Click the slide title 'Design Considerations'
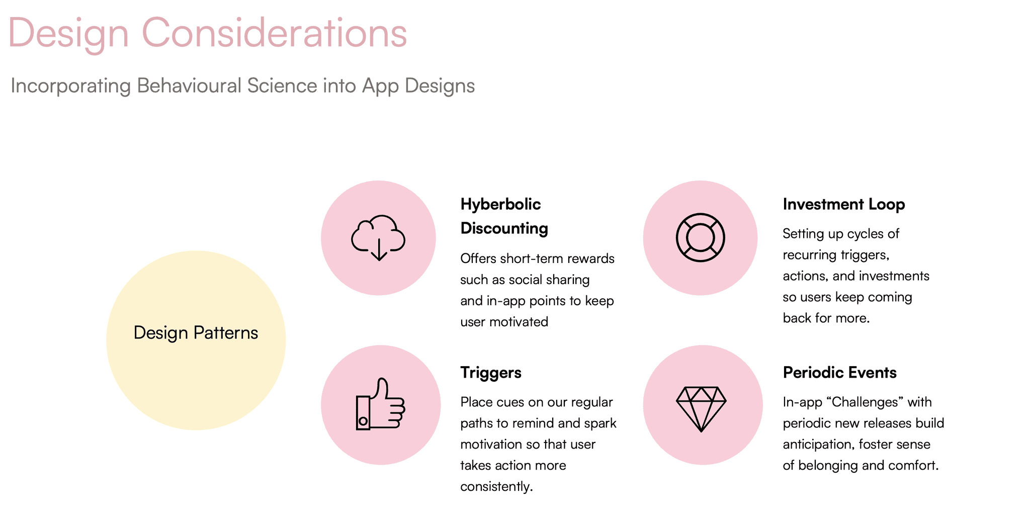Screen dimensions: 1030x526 [x=207, y=34]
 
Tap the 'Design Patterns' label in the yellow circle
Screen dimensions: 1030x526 [x=196, y=333]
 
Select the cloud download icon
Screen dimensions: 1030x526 [x=379, y=238]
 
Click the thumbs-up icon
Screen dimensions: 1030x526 [x=380, y=404]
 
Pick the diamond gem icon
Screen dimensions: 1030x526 [x=701, y=408]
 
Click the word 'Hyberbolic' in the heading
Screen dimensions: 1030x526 [x=500, y=204]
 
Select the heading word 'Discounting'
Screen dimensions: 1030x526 [x=504, y=228]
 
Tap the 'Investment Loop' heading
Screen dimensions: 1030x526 [x=844, y=204]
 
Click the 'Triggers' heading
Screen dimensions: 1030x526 [x=491, y=373]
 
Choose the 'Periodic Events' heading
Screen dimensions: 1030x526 [x=840, y=373]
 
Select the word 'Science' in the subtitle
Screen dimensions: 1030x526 [x=282, y=85]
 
